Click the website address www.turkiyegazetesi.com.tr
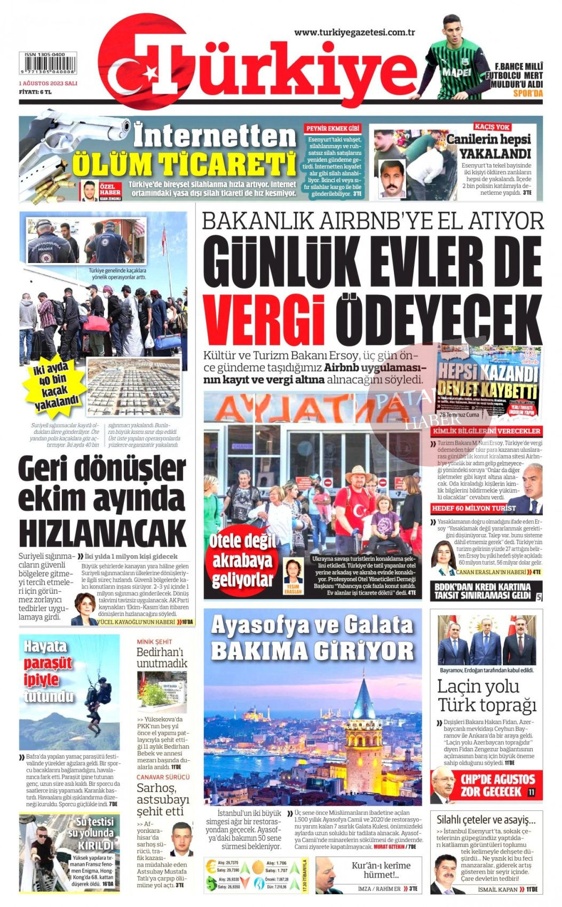pos(354,33)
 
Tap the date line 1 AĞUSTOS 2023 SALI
pos(48,84)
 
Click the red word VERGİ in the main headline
pos(264,321)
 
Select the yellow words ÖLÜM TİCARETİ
pos(184,164)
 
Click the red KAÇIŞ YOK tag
pos(492,127)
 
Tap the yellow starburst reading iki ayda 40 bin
pos(54,385)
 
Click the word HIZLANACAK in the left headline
pos(102,533)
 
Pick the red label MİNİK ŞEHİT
pos(154,641)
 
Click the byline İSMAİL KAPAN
pos(498,889)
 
